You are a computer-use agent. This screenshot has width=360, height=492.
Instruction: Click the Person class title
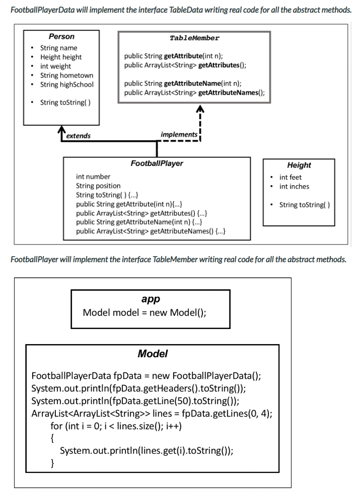pos(61,37)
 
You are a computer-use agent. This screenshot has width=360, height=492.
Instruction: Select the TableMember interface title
pos(194,38)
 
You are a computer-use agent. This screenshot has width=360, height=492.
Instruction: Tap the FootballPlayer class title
pos(157,163)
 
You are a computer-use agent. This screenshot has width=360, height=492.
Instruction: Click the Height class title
pos(299,165)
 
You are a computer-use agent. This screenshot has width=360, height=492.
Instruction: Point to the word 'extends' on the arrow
pos(79,136)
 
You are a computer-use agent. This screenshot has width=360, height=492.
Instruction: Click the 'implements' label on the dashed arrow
pos(179,134)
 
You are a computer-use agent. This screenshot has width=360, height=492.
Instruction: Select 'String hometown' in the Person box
pos(66,75)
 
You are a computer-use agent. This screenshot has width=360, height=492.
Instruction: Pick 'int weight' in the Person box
pos(55,66)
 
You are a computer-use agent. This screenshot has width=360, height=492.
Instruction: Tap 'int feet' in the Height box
pos(291,177)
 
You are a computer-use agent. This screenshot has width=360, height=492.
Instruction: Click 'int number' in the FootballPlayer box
pos(93,177)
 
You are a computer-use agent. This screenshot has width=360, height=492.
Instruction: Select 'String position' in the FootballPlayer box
pos(98,186)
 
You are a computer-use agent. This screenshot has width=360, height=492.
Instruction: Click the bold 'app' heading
pos(151,299)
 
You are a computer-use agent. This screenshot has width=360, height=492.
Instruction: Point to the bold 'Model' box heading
pos(153,354)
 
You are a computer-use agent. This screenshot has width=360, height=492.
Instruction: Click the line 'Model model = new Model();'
pos(145,312)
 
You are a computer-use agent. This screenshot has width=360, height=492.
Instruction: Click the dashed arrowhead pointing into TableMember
pos(200,109)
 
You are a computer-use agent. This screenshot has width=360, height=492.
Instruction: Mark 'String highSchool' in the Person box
pos(66,85)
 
